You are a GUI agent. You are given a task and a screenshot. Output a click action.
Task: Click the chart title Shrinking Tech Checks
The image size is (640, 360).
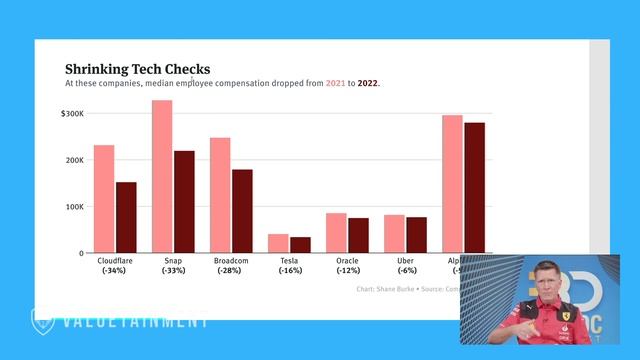click(138, 69)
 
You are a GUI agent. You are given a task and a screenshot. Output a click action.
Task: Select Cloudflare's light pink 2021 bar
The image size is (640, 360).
click(104, 199)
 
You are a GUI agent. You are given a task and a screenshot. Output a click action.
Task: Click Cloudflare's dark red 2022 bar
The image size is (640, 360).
click(126, 217)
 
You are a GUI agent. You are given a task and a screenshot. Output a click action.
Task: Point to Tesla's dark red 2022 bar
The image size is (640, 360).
click(300, 245)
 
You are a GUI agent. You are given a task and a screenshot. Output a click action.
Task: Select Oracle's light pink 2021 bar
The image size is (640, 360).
click(336, 233)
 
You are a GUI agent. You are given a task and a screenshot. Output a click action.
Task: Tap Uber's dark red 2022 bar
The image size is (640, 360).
click(416, 235)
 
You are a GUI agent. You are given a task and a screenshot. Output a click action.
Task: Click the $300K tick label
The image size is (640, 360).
click(73, 114)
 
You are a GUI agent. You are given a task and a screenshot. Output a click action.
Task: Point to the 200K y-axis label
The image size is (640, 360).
click(75, 160)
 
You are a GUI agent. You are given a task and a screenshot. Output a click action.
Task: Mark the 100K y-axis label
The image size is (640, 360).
click(75, 207)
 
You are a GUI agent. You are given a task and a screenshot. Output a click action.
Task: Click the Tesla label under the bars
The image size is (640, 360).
click(290, 261)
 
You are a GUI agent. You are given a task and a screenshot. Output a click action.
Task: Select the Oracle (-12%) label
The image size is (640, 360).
click(347, 266)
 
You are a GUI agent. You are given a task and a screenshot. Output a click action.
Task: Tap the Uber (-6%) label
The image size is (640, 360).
click(405, 266)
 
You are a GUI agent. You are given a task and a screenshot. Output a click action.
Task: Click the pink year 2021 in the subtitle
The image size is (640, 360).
click(335, 84)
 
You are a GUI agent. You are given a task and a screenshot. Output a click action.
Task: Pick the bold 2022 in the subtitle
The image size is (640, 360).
click(368, 84)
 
